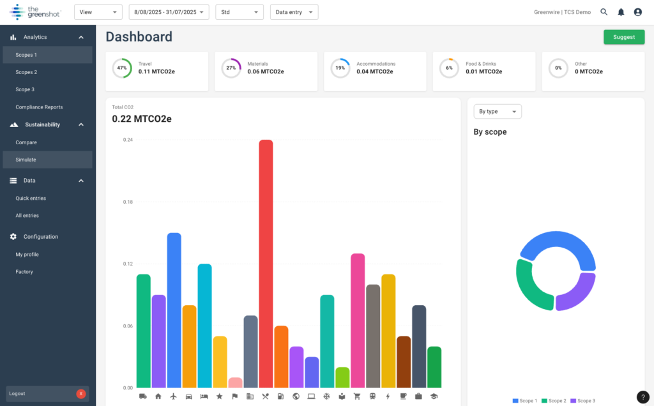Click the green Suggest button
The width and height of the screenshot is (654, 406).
click(623, 37)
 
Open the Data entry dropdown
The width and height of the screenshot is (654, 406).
click(293, 12)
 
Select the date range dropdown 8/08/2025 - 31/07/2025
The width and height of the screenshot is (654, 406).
click(169, 12)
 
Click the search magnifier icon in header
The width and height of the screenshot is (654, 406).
click(604, 12)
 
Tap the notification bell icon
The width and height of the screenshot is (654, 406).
click(621, 12)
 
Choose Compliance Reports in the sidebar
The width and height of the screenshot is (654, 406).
click(39, 107)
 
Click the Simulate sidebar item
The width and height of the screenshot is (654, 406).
click(26, 160)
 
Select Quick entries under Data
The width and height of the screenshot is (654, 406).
click(31, 199)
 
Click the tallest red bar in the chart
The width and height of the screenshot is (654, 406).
click(266, 262)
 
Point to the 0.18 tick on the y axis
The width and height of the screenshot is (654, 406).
click(128, 202)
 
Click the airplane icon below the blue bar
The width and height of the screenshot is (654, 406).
click(174, 396)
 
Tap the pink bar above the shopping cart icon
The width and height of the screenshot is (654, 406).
click(358, 319)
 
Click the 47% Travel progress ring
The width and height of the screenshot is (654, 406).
click(122, 68)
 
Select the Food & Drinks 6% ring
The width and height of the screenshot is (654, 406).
click(449, 68)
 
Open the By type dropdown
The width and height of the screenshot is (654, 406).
click(497, 111)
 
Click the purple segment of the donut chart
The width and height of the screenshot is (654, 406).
click(578, 294)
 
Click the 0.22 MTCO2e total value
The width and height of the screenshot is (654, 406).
click(142, 119)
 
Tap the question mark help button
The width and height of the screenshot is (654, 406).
click(643, 397)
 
